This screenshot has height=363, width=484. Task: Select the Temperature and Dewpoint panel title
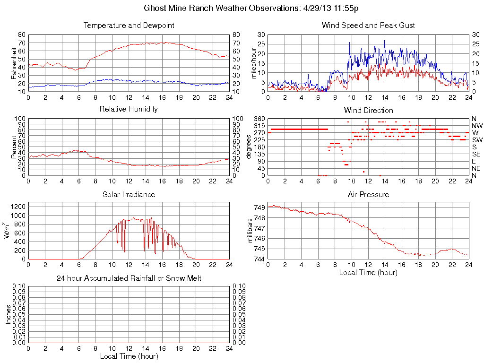129,26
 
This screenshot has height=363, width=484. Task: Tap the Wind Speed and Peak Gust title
368,26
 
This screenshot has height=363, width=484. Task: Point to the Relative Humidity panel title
129,109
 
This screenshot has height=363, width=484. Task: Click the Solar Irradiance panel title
129,194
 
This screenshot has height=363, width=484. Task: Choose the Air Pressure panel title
368,194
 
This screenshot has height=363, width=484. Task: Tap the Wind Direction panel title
368,110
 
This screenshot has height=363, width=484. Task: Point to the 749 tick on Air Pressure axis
259,207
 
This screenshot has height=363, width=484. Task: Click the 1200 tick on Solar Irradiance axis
18,206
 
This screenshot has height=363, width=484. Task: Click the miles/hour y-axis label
253,63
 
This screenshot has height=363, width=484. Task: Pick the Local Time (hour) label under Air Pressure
368,272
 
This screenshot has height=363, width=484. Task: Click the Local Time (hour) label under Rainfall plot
129,356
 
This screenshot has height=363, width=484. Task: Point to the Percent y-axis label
14,147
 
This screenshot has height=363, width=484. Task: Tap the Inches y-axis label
8,314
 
